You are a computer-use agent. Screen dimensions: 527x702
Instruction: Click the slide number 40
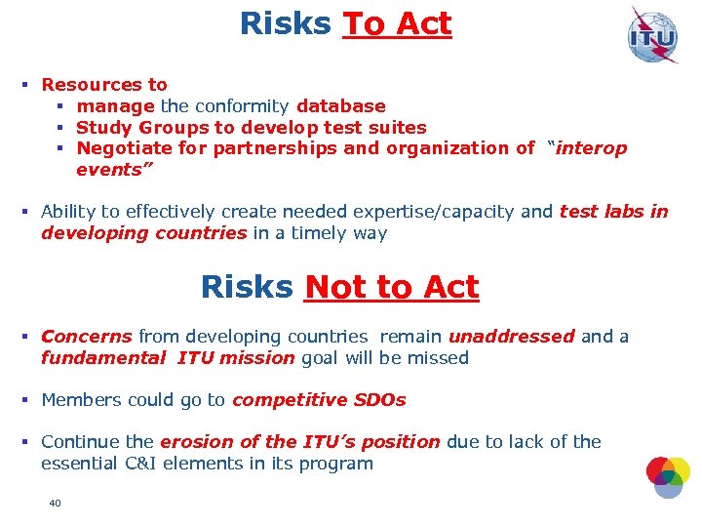coord(55,503)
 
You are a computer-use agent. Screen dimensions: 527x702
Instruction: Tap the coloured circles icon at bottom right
coord(668,475)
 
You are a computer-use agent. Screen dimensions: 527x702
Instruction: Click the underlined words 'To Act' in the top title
coord(397,24)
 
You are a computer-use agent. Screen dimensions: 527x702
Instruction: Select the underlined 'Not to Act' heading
coord(392,287)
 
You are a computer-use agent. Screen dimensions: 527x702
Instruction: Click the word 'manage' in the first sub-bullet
coord(115,106)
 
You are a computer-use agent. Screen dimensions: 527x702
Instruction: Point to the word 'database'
coord(341,106)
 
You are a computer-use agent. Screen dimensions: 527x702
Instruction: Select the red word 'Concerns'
coord(86,337)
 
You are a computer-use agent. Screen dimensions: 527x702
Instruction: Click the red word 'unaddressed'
coord(512,337)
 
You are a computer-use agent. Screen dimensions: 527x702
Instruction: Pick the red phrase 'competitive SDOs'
coord(319,400)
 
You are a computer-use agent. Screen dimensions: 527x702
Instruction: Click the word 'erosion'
coord(193,442)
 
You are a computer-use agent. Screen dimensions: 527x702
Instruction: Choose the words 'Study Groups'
coord(142,128)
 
